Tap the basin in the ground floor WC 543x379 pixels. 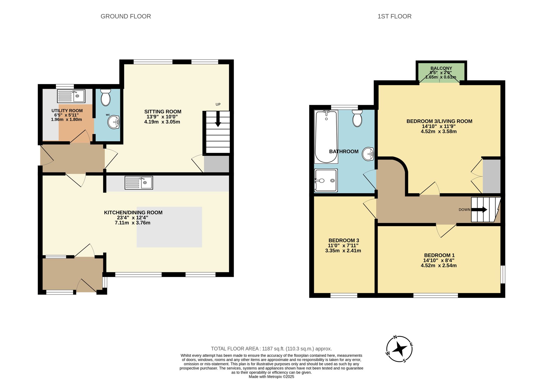click(113, 122)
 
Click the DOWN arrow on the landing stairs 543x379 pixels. click(479, 210)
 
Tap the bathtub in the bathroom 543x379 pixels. click(326, 137)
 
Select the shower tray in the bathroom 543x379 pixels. click(326, 181)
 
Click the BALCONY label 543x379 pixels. click(441, 68)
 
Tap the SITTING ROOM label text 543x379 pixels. click(163, 112)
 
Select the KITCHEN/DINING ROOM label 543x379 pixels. click(133, 213)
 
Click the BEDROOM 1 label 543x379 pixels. click(439, 255)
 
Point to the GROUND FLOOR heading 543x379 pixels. click(126, 16)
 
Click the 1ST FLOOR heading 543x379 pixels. click(394, 16)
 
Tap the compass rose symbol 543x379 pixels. click(399, 349)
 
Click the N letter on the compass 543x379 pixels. click(395, 337)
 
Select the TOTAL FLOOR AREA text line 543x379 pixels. click(271, 349)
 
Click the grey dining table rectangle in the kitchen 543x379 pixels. click(169, 227)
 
